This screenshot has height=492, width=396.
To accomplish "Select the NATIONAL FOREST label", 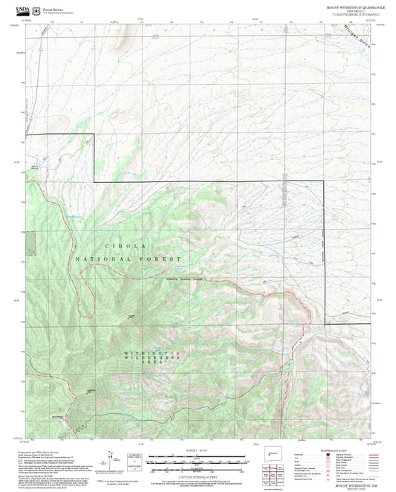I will [x=128, y=259].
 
